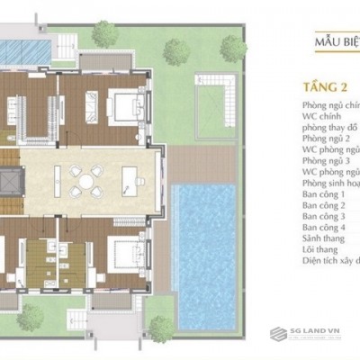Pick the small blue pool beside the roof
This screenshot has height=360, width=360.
pyautogui.click(x=25, y=47)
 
